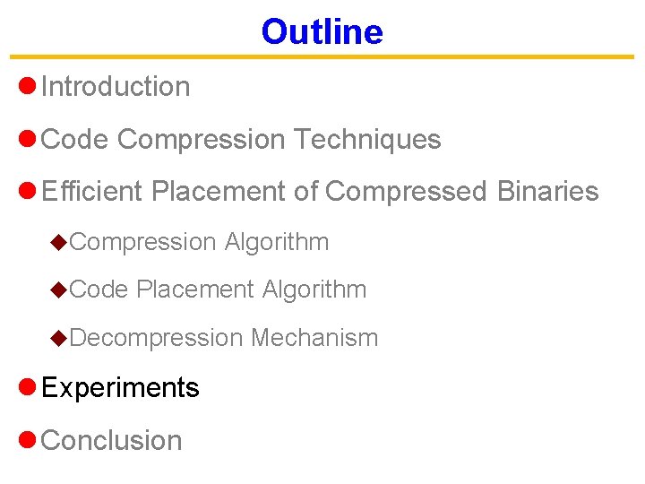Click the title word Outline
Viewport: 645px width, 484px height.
click(322, 32)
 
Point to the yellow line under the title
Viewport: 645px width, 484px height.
click(322, 57)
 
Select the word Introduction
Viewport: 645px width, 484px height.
click(116, 87)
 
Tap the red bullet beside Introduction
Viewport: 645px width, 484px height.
click(27, 86)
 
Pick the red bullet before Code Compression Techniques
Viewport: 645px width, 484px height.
click(27, 139)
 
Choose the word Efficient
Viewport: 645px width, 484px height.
click(92, 192)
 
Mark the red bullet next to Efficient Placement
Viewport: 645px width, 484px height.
click(27, 191)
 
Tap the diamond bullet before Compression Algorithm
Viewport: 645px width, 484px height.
click(58, 241)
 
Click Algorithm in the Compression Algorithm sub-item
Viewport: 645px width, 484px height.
click(277, 242)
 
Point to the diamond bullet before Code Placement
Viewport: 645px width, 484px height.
click(58, 290)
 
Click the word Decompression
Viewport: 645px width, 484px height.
click(156, 338)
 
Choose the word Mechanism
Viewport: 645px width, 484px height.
click(314, 338)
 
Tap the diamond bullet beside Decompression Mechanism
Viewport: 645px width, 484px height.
click(58, 338)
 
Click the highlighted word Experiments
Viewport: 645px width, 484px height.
click(120, 388)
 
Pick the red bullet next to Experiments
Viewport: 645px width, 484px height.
click(27, 386)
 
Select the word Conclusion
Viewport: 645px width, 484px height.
click(112, 441)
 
